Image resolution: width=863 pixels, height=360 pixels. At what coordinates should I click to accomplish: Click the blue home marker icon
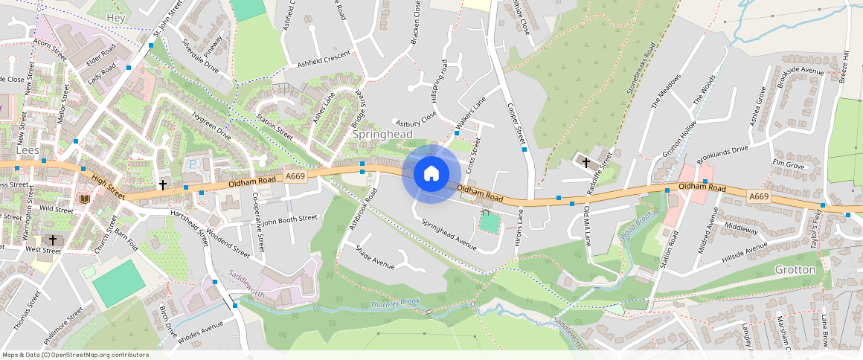click(431, 173)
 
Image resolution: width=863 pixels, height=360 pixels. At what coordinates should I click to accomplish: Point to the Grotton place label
click(795, 269)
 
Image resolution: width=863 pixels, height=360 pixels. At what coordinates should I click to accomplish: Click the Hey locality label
click(117, 16)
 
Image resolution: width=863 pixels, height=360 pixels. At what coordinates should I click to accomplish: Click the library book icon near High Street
click(85, 199)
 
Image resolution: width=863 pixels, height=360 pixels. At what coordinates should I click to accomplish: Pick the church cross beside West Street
click(52, 240)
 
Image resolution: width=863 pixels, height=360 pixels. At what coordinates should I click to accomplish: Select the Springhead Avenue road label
click(449, 234)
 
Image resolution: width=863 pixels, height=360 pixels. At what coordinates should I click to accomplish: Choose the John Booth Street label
click(289, 219)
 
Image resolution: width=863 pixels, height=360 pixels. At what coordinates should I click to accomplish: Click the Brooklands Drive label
click(722, 155)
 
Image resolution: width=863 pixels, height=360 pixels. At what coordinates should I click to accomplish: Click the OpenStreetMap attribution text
click(76, 355)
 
